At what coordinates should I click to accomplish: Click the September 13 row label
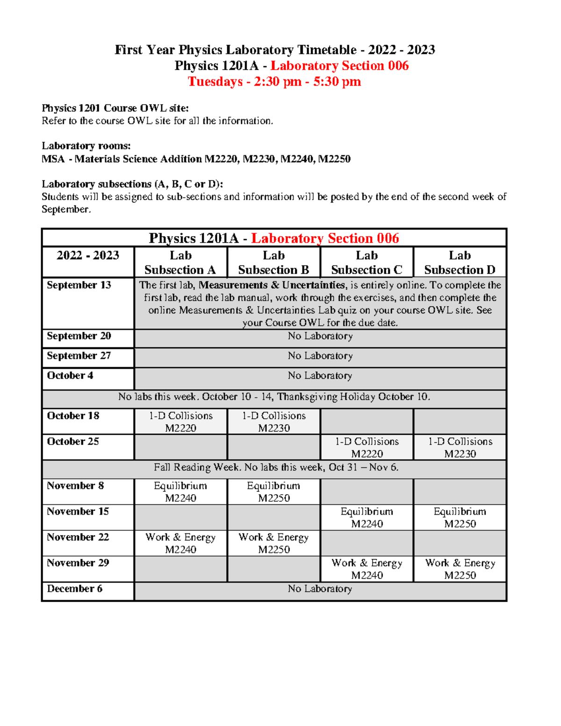tap(79, 285)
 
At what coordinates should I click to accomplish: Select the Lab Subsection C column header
tap(367, 263)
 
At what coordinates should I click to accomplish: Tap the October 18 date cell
tap(73, 416)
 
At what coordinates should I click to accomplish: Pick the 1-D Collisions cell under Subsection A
tap(180, 422)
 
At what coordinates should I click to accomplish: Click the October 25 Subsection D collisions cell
tap(460, 447)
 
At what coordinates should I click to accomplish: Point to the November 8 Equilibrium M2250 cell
tap(274, 492)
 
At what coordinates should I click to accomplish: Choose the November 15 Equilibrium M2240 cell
tap(367, 518)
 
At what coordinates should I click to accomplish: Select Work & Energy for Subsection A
tap(180, 543)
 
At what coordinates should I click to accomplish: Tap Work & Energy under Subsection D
tap(460, 569)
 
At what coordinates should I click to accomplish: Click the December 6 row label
tap(75, 589)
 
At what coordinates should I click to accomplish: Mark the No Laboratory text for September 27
tap(320, 356)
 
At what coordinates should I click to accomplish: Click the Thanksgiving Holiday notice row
tap(274, 397)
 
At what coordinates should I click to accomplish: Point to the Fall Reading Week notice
tap(276, 467)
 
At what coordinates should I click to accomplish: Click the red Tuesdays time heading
tap(274, 81)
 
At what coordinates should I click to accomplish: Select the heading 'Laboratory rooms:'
tap(86, 146)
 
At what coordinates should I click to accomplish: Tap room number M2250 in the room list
tap(334, 159)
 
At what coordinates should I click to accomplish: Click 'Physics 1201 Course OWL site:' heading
tap(115, 108)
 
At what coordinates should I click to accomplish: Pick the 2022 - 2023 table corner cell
tap(88, 256)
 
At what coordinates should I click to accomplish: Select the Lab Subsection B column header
tap(273, 263)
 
